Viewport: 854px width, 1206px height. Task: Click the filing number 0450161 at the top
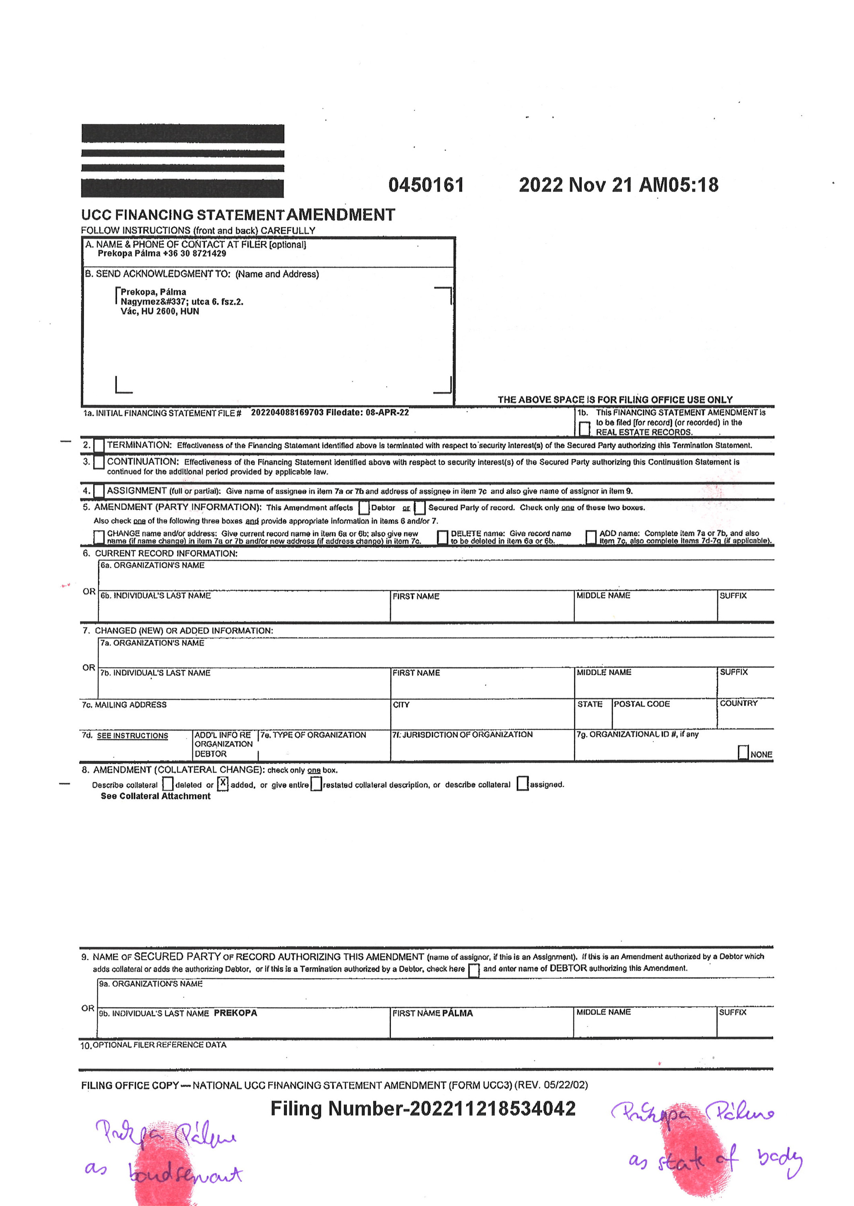click(x=426, y=185)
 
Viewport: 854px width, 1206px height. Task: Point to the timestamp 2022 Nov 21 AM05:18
click(x=618, y=185)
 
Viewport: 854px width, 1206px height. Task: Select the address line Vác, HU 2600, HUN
click(x=160, y=311)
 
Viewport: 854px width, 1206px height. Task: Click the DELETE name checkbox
click(x=443, y=537)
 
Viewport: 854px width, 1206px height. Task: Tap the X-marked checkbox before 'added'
click(x=223, y=783)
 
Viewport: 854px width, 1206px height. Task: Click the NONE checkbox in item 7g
click(x=743, y=753)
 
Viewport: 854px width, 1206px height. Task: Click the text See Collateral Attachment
click(x=156, y=796)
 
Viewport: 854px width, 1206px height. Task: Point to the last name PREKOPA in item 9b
click(x=236, y=1013)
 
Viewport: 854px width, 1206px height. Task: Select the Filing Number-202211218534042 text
click(x=423, y=1109)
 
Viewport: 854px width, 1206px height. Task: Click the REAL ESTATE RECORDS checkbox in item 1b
click(x=584, y=429)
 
